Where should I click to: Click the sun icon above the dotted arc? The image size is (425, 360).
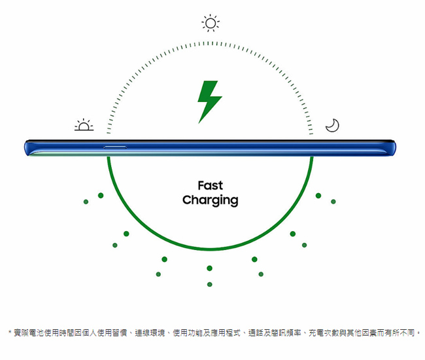[211, 23]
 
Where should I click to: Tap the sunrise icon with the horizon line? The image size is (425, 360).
[84, 125]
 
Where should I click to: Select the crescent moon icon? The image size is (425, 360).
[332, 125]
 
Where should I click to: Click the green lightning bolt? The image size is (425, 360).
[209, 102]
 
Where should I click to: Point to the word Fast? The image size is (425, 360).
[211, 185]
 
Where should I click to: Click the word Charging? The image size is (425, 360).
[211, 200]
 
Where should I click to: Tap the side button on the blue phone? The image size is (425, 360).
[115, 147]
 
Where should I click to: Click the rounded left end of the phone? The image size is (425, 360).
[27, 148]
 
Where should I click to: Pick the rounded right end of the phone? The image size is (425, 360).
[393, 148]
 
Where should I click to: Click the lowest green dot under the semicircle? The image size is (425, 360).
[209, 284]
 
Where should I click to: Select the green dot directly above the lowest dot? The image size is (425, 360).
[209, 268]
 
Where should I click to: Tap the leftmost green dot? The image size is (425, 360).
[86, 202]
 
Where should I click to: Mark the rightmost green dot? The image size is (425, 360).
[333, 202]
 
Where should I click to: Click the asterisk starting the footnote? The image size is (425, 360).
[10, 332]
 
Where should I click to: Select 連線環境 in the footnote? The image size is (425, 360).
[150, 333]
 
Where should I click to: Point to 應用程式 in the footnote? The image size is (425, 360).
[226, 333]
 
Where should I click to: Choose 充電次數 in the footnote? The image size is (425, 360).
[324, 333]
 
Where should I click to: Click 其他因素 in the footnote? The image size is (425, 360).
[362, 333]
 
